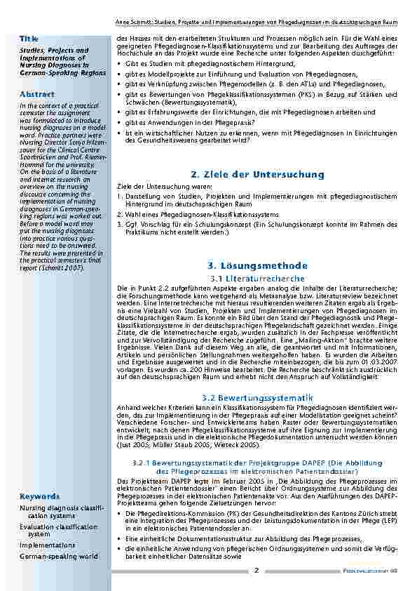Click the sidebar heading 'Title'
click(x=29, y=38)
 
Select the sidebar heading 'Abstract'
click(x=37, y=93)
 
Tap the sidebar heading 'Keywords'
click(x=40, y=496)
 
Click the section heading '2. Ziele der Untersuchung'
click(x=257, y=174)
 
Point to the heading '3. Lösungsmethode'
click(x=257, y=266)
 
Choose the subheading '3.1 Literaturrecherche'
click(x=257, y=279)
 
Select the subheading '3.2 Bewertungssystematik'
click(x=257, y=398)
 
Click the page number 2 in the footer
click(x=257, y=570)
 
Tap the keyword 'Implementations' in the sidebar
click(x=47, y=545)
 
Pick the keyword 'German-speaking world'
click(x=59, y=556)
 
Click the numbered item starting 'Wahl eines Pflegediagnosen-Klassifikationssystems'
click(x=203, y=214)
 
